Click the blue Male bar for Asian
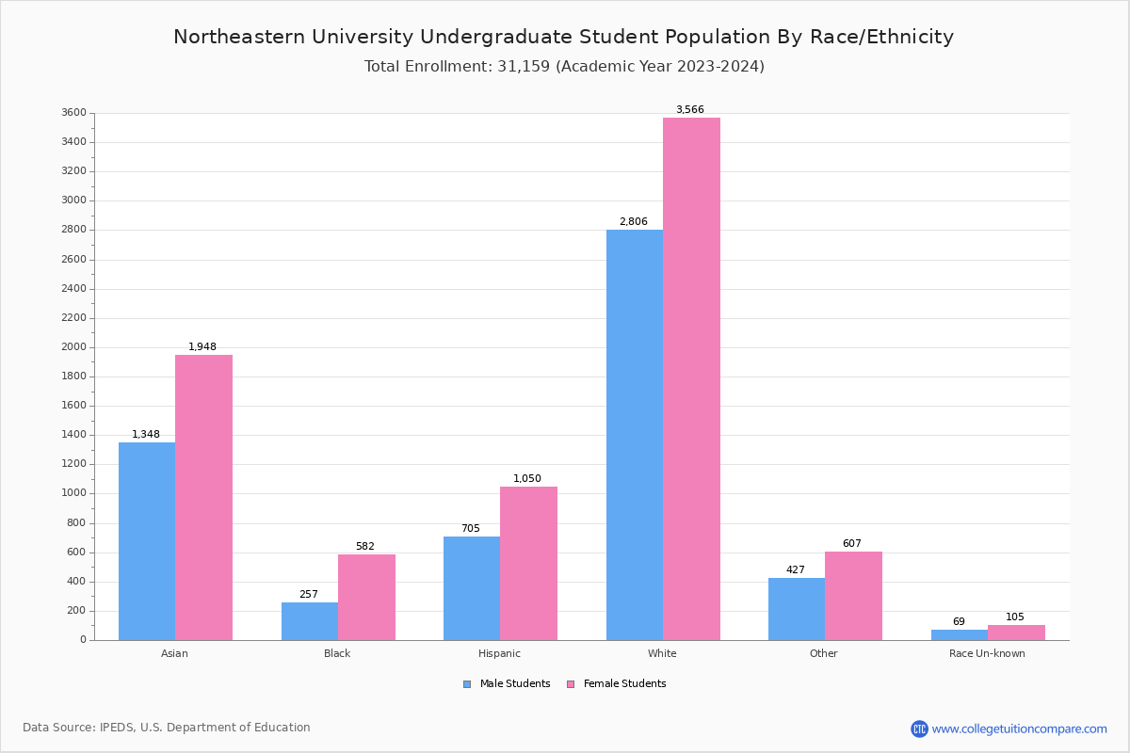(x=147, y=541)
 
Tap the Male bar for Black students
(x=310, y=621)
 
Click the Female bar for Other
(x=853, y=596)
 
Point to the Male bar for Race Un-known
(x=960, y=635)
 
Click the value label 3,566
(x=689, y=110)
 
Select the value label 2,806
(x=634, y=222)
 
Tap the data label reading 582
(x=365, y=547)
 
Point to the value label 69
(x=959, y=622)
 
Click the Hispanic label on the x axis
(x=499, y=653)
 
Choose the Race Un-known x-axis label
(x=987, y=653)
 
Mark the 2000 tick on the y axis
(x=74, y=347)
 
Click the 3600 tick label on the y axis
(x=74, y=113)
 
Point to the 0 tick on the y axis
(x=83, y=640)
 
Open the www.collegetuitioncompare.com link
(x=1019, y=729)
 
